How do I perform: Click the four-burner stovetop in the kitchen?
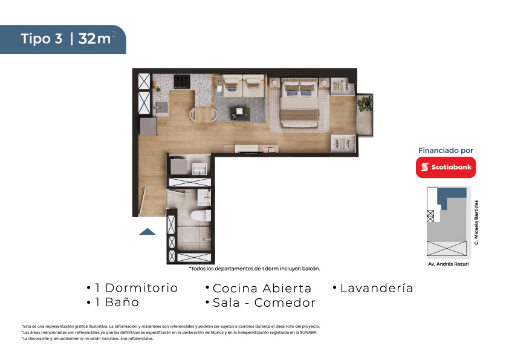182,81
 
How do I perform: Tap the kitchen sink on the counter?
161,107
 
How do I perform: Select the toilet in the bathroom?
200,215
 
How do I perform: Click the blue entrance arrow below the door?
148,231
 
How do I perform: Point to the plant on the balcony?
365,103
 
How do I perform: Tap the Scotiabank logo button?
446,168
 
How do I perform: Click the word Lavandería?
377,288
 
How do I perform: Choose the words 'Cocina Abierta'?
262,288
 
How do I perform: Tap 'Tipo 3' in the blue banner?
42,39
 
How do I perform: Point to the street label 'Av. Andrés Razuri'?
449,264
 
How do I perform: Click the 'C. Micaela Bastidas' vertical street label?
476,222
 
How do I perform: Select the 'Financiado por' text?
446,151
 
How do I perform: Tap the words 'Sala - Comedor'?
264,303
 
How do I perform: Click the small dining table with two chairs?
204,115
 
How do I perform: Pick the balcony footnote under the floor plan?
254,269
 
